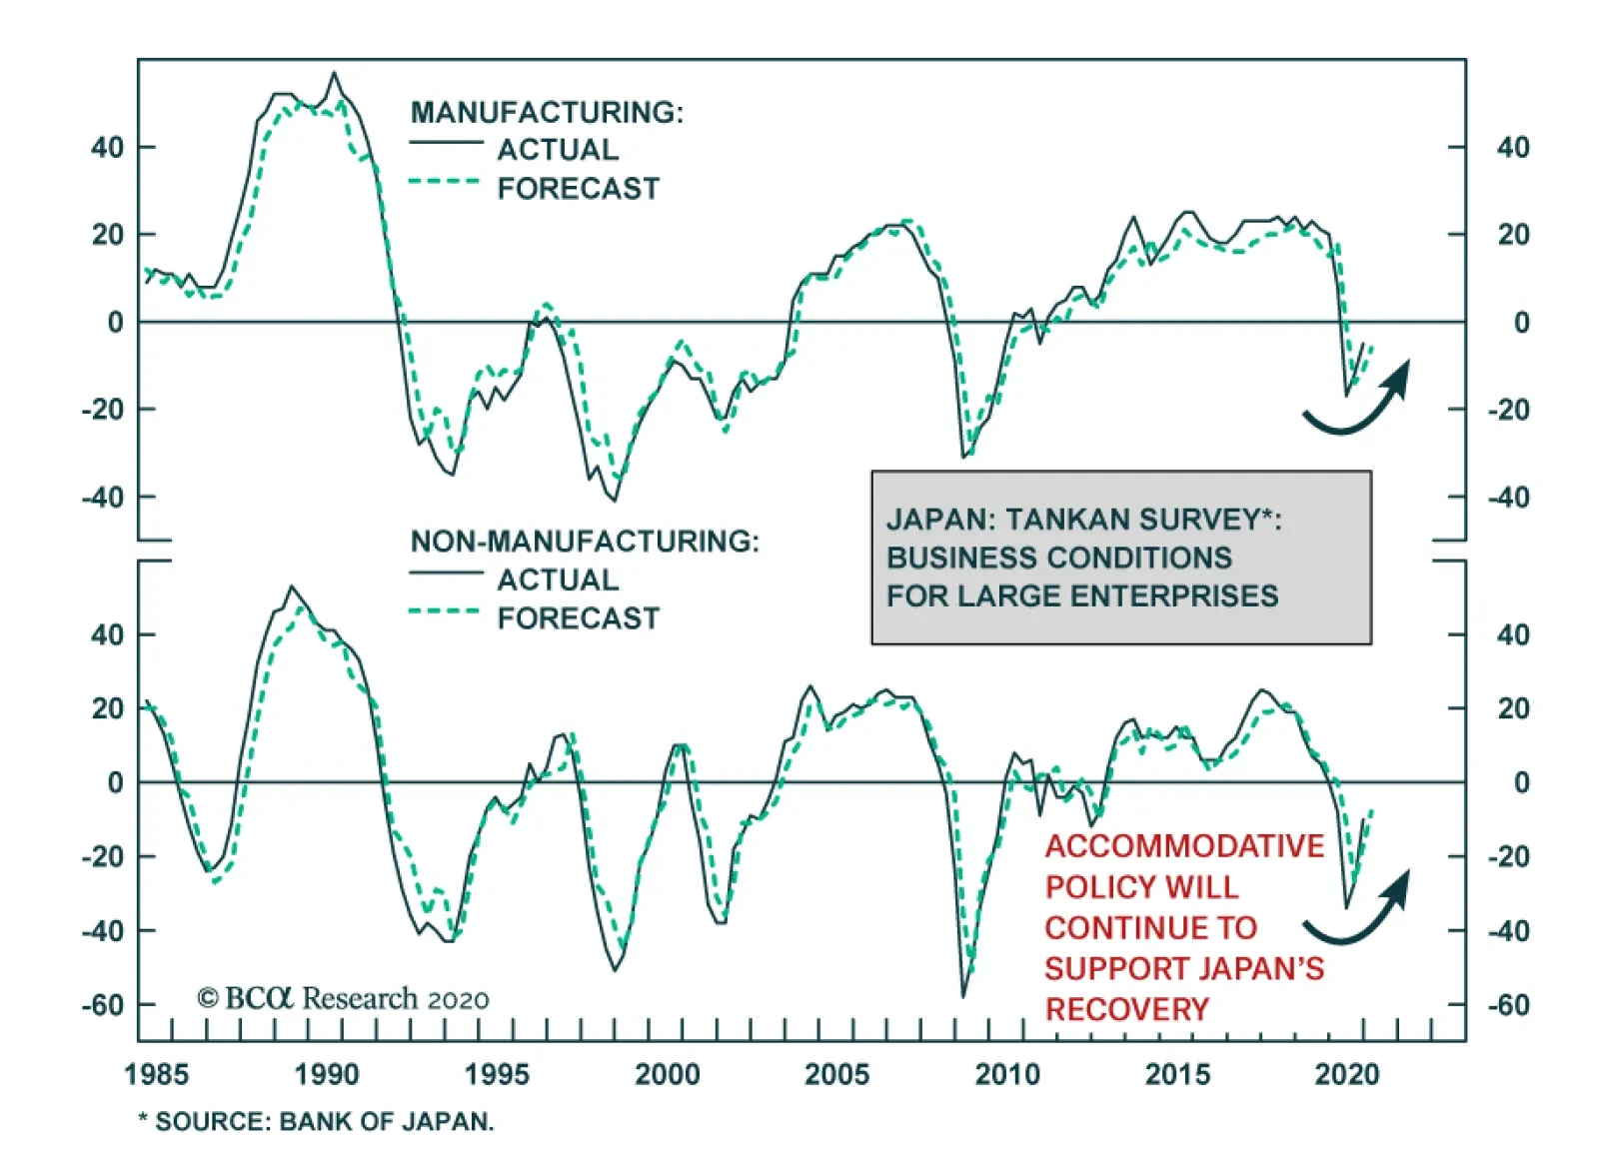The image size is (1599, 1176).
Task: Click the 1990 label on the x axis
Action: pyautogui.click(x=326, y=1074)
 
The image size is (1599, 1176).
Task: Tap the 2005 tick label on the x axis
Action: pyautogui.click(x=836, y=1074)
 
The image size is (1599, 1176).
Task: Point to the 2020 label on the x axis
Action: pyautogui.click(x=1347, y=1074)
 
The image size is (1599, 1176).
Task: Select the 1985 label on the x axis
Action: pyautogui.click(x=156, y=1074)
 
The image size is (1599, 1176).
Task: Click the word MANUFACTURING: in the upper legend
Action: pyautogui.click(x=547, y=112)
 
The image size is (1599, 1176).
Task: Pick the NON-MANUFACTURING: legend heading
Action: pyautogui.click(x=585, y=542)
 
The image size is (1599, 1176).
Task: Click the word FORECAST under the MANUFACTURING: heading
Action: pyautogui.click(x=579, y=188)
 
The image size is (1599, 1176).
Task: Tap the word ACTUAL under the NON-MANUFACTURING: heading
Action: pyautogui.click(x=558, y=580)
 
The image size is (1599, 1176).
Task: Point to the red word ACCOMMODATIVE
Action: pyautogui.click(x=1184, y=846)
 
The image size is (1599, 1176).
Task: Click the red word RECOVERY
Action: pyautogui.click(x=1126, y=1009)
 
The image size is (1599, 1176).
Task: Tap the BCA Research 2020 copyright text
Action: pyautogui.click(x=343, y=998)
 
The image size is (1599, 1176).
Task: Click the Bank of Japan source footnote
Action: pyautogui.click(x=317, y=1121)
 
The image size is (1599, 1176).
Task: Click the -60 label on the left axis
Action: pyautogui.click(x=104, y=1004)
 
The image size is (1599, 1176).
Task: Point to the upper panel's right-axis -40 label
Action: pyautogui.click(x=1512, y=497)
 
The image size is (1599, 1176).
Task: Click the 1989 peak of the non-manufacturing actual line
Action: pyautogui.click(x=291, y=588)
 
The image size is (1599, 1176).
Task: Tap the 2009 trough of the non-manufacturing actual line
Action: pyautogui.click(x=963, y=996)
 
